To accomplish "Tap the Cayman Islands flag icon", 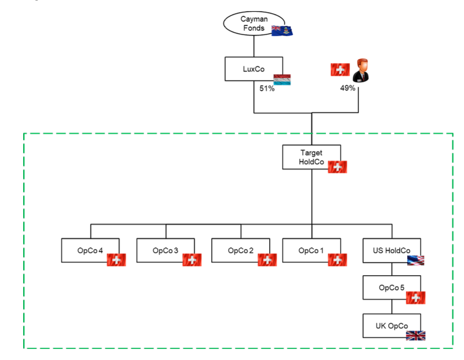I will pyautogui.click(x=281, y=31).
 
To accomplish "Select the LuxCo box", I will pyautogui.click(x=253, y=69).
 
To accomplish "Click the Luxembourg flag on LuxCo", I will pyautogui.click(x=281, y=80).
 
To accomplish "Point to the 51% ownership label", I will pyautogui.click(x=267, y=89).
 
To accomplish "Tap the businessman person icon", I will pyautogui.click(x=361, y=70).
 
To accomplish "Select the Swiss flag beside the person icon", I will pyautogui.click(x=340, y=70).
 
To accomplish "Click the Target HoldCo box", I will pyautogui.click(x=311, y=157).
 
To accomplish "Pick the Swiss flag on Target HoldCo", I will pyautogui.click(x=337, y=167).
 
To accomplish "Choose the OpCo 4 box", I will pyautogui.click(x=90, y=250).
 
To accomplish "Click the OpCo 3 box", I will pyautogui.click(x=165, y=250).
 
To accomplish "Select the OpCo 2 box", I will pyautogui.click(x=241, y=250).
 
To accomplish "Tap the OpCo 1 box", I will pyautogui.click(x=311, y=250).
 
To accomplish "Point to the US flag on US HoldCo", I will pyautogui.click(x=416, y=260).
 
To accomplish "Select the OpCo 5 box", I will pyautogui.click(x=391, y=288).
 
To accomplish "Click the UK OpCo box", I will pyautogui.click(x=391, y=326).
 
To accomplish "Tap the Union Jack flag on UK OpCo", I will pyautogui.click(x=416, y=335).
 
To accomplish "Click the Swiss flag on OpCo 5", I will pyautogui.click(x=416, y=298).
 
